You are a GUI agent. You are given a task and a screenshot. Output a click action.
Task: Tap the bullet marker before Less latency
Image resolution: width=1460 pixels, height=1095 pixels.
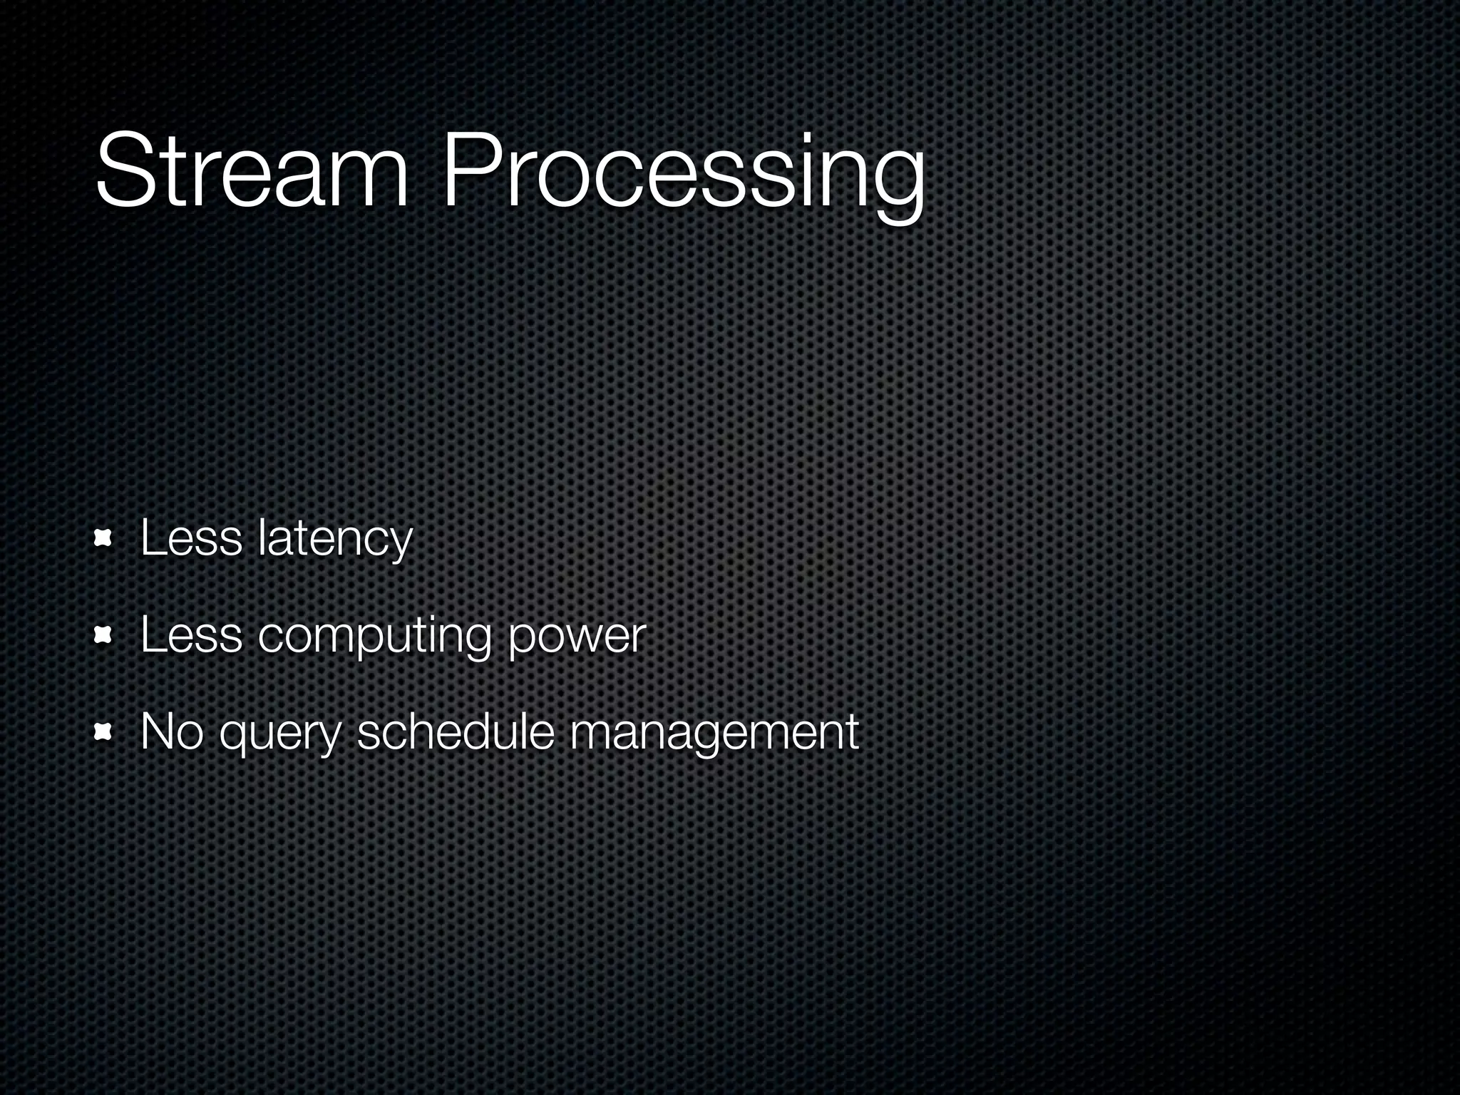[105, 539]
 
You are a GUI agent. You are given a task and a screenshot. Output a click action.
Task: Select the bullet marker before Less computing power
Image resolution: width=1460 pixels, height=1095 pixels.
[105, 636]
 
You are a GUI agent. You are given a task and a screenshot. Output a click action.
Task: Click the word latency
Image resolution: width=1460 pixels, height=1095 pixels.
[335, 540]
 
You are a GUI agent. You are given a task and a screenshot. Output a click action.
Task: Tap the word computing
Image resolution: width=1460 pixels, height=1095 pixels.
[374, 637]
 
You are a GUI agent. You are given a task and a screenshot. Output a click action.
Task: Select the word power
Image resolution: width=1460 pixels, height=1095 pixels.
[577, 637]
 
